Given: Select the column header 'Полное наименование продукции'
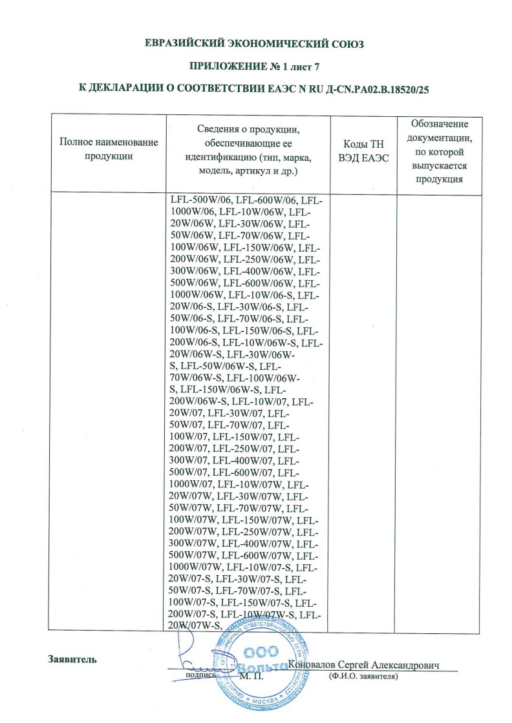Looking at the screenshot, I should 109,148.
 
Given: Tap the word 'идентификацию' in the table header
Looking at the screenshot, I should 219,158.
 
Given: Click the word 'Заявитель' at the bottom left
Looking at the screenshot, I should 72,659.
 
